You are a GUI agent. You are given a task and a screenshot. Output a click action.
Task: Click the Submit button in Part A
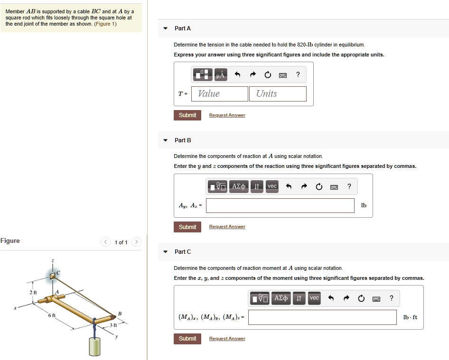pos(187,115)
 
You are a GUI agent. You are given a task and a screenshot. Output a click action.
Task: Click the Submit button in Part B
pos(187,227)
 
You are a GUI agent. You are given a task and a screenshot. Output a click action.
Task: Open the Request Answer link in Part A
pos(227,115)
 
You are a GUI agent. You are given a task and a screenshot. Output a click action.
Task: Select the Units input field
pos(278,94)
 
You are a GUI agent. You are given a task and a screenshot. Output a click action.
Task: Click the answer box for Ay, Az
pos(280,205)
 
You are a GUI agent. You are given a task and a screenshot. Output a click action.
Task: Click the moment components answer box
pos(322,317)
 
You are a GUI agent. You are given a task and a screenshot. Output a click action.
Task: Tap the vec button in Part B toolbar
pos(272,186)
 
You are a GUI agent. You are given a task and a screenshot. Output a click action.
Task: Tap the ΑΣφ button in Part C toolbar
pos(281,298)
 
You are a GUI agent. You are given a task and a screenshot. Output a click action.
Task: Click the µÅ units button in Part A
pos(220,75)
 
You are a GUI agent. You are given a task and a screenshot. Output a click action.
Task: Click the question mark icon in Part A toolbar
pos(298,74)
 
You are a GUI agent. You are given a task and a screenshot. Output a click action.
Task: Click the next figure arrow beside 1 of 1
pos(136,242)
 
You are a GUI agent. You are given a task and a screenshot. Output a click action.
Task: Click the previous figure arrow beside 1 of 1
pos(105,242)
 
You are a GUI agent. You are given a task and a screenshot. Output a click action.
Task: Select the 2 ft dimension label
pos(33,292)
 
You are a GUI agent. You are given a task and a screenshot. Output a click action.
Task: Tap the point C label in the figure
pos(59,273)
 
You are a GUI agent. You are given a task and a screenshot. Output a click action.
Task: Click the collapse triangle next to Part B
pos(165,140)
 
